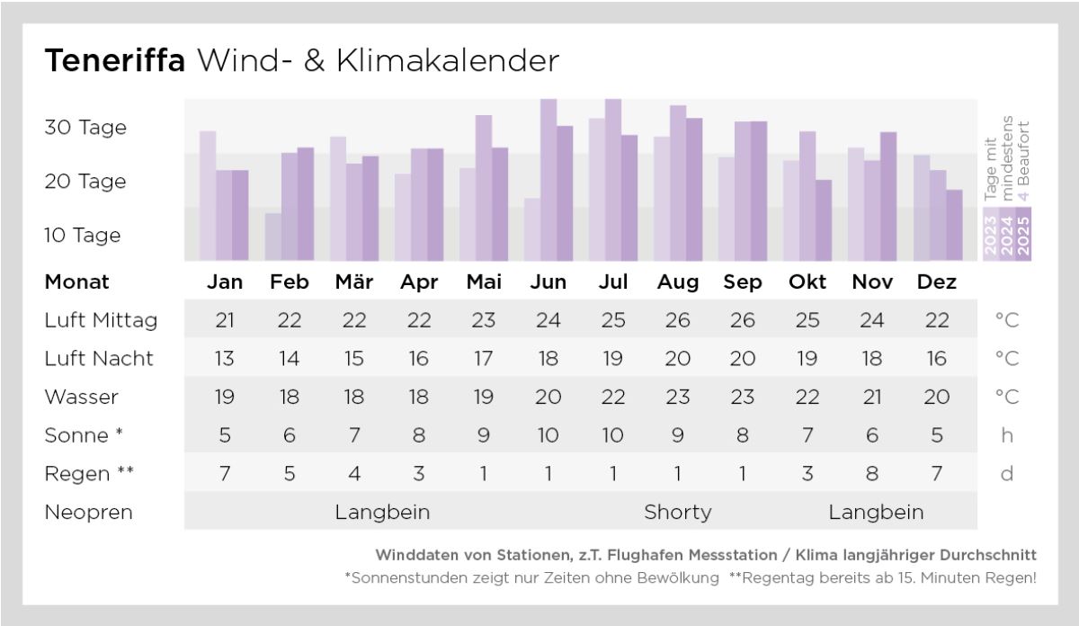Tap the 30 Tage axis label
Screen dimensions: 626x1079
coord(85,128)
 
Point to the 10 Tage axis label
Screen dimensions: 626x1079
coord(83,236)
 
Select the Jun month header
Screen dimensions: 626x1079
coord(548,282)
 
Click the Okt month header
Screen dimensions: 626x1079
coord(807,282)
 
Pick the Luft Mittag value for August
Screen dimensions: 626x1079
coord(678,320)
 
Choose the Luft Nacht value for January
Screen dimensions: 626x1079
coord(225,359)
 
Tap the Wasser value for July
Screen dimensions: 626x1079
coord(613,397)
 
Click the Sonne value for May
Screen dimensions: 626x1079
coord(484,435)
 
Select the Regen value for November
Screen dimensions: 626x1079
coord(872,473)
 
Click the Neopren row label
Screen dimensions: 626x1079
coord(88,513)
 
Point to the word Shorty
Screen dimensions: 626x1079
coord(678,513)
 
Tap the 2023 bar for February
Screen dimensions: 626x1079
coord(272,237)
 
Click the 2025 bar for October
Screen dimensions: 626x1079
coord(824,220)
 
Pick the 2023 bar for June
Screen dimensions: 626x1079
coord(531,229)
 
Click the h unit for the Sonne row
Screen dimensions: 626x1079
coord(1007,435)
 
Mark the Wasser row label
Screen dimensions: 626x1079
coord(81,397)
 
